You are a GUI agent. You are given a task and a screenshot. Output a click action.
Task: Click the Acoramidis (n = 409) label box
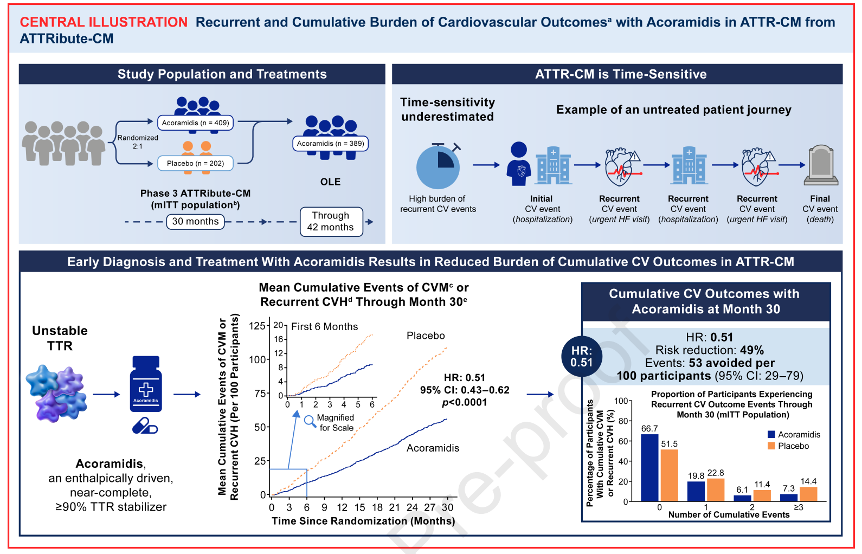click(195, 123)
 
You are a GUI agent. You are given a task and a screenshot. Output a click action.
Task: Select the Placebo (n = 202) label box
click(195, 163)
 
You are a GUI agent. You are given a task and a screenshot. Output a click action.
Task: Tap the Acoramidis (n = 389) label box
click(330, 144)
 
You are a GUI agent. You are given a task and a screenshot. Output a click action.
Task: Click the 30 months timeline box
click(195, 221)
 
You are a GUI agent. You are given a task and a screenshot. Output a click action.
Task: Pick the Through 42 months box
click(331, 222)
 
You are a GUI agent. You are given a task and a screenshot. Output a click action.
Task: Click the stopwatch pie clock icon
click(438, 166)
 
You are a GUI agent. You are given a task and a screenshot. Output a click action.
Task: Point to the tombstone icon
click(821, 165)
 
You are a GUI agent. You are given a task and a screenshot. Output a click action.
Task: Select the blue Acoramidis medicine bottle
click(146, 384)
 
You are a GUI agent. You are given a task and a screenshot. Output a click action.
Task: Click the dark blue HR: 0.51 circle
click(582, 356)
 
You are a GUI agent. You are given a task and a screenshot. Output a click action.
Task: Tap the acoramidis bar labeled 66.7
click(649, 467)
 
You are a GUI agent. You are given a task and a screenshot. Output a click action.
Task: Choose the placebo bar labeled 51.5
click(670, 475)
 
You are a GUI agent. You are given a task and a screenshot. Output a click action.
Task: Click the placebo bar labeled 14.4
click(808, 494)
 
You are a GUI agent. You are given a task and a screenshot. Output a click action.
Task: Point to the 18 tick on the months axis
click(377, 507)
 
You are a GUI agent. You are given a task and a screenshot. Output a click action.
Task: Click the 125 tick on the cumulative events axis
click(257, 326)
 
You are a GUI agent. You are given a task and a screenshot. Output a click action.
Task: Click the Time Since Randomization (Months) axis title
click(363, 521)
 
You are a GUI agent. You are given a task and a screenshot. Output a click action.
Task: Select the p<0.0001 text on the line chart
click(464, 402)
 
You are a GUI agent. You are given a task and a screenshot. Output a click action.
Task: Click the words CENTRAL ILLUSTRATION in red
click(104, 22)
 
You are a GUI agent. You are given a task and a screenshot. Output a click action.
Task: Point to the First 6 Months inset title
click(324, 327)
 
